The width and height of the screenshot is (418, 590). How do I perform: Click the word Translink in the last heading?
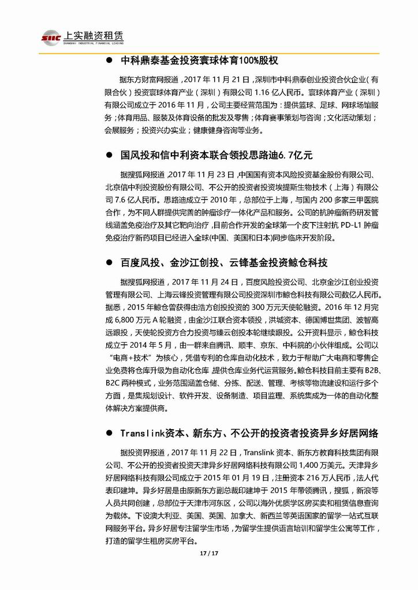pos(144,433)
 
